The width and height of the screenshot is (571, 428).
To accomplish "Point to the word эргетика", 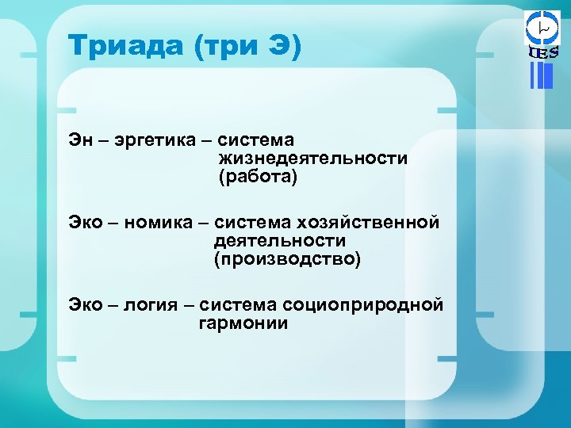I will pos(162,140).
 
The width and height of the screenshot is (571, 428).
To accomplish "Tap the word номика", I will pos(163,223).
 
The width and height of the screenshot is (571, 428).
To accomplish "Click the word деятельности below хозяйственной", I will pos(279,241).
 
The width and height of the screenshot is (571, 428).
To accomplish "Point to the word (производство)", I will pos(286,260).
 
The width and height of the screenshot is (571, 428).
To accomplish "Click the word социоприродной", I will pos(370,305).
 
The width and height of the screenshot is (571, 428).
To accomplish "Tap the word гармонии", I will pos(243,323).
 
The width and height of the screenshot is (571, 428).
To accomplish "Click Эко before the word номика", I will pos(85,223).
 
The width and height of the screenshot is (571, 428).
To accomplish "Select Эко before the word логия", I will pos(85,305).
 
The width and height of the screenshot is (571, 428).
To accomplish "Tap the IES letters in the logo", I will pos(543,52).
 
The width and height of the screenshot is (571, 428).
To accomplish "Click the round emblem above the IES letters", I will pos(543,27).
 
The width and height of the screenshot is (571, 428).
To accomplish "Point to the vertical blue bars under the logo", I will pos(541,75).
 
